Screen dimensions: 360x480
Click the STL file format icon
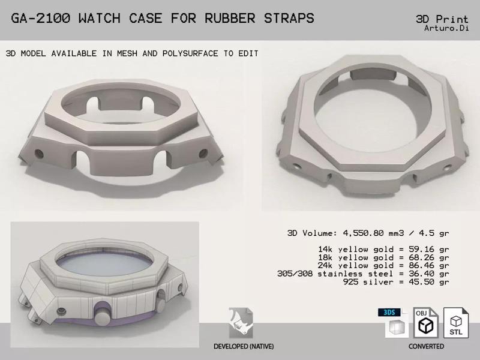click(455, 324)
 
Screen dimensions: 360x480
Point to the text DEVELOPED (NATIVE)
click(241, 347)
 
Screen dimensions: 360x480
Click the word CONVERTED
click(426, 347)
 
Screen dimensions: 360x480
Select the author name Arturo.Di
click(447, 28)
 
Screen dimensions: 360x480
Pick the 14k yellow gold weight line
click(384, 248)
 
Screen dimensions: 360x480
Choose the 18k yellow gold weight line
click(384, 256)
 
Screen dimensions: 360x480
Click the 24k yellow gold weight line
click(384, 265)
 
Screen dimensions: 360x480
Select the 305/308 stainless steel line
click(372, 273)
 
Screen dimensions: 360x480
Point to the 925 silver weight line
click(396, 281)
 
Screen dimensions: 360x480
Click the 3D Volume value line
click(369, 233)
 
